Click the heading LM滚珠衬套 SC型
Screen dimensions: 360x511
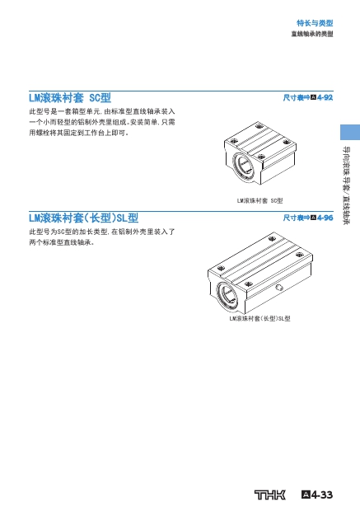click(70, 98)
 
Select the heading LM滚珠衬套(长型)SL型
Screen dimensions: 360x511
click(84, 218)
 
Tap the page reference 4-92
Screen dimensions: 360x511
click(325, 97)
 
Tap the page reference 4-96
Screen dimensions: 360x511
click(325, 218)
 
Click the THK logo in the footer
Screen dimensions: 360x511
click(269, 495)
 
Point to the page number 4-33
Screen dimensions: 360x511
click(321, 495)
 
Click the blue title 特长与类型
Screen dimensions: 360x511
click(315, 23)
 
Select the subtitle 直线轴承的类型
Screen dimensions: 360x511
click(312, 34)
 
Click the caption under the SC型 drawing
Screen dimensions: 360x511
click(259, 201)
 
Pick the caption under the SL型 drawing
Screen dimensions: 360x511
click(259, 318)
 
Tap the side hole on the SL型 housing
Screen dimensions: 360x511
click(279, 288)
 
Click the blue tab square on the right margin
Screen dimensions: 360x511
click(350, 133)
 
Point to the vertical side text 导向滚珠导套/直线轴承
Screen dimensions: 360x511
click(347, 185)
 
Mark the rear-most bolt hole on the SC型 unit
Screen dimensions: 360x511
click(259, 126)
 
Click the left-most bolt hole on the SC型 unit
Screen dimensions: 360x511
click(233, 142)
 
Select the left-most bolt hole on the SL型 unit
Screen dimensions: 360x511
click(221, 268)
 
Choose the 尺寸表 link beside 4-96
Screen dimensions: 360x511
click(293, 218)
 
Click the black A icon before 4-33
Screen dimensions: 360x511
click(306, 495)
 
